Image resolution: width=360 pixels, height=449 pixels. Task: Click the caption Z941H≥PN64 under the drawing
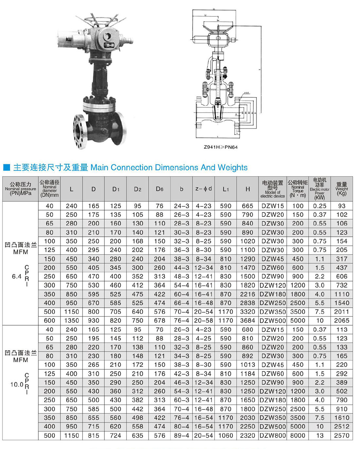pyautogui.click(x=221, y=147)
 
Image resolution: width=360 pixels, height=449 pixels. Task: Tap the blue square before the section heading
pyautogui.click(x=7, y=168)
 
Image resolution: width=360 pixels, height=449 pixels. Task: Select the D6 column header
pyautogui.click(x=159, y=189)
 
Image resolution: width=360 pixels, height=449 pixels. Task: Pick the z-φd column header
pyautogui.click(x=204, y=189)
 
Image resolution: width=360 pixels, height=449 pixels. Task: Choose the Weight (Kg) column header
pyautogui.click(x=342, y=189)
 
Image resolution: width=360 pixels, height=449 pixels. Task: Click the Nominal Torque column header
pyautogui.click(x=297, y=189)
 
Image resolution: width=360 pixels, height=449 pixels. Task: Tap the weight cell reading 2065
pyautogui.click(x=342, y=321)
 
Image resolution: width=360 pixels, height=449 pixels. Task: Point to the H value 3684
pyautogui.click(x=247, y=321)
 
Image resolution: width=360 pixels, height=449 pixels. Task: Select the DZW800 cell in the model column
pyautogui.click(x=273, y=436)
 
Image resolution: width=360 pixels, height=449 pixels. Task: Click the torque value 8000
pyautogui.click(x=297, y=436)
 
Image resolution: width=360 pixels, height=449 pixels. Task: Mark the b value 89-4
pyautogui.click(x=182, y=436)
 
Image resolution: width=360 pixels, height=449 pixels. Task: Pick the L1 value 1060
pyautogui.click(x=225, y=436)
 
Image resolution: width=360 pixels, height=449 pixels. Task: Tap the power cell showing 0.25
pyautogui.click(x=320, y=206)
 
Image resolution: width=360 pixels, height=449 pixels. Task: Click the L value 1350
pyautogui.click(x=71, y=321)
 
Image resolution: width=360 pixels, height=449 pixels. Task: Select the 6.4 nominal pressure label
pyautogui.click(x=16, y=277)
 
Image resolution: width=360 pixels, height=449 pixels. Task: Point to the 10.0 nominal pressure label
pyautogui.click(x=17, y=385)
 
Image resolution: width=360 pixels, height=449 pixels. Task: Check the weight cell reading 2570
pyautogui.click(x=342, y=436)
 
